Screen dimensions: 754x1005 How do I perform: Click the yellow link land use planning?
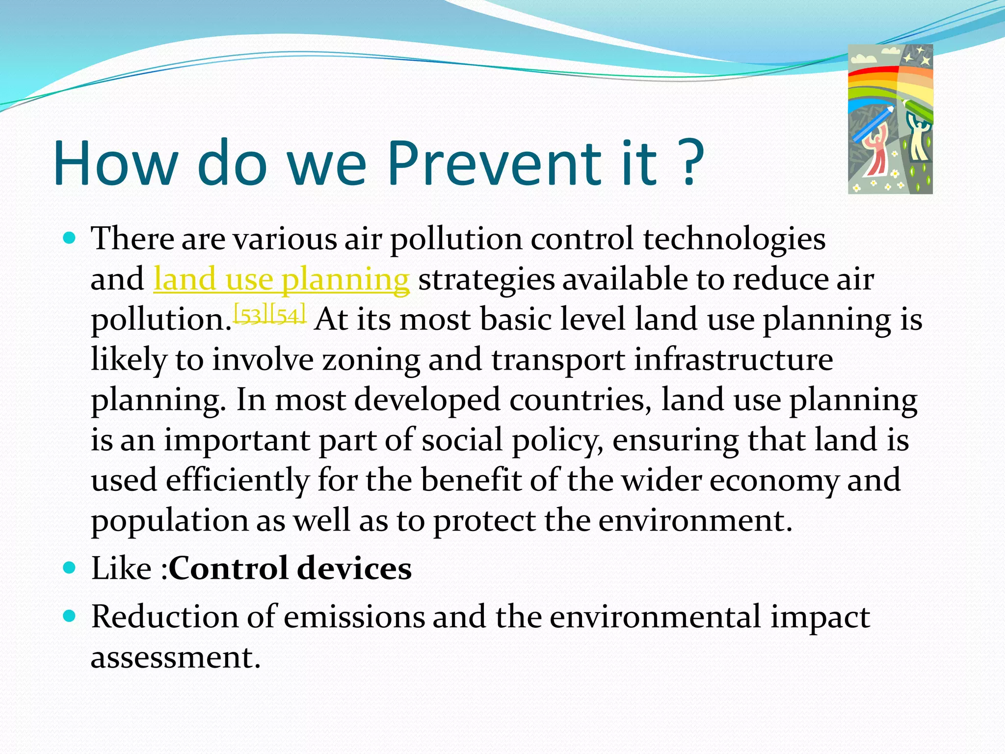(281, 279)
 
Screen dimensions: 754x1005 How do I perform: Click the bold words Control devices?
(290, 568)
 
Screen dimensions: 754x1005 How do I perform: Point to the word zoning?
(371, 360)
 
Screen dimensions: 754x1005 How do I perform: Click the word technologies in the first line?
(734, 239)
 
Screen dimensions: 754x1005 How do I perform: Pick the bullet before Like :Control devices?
(70, 568)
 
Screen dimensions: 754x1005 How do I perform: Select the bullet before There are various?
(70, 239)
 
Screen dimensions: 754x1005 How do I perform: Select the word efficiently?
(238, 480)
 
